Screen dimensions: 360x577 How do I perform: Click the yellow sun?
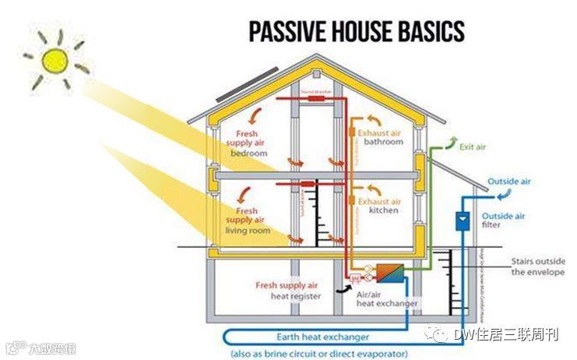[x=55, y=59]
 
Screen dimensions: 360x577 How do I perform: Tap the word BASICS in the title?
[x=430, y=32]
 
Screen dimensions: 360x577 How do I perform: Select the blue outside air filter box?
[x=462, y=221]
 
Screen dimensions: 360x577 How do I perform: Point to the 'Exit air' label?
[x=473, y=146]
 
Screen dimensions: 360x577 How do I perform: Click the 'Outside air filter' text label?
[x=503, y=221]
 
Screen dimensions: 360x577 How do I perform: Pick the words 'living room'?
[x=248, y=231]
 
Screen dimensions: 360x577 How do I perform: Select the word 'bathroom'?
[x=384, y=143]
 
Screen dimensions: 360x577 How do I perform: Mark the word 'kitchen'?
[x=384, y=211]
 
